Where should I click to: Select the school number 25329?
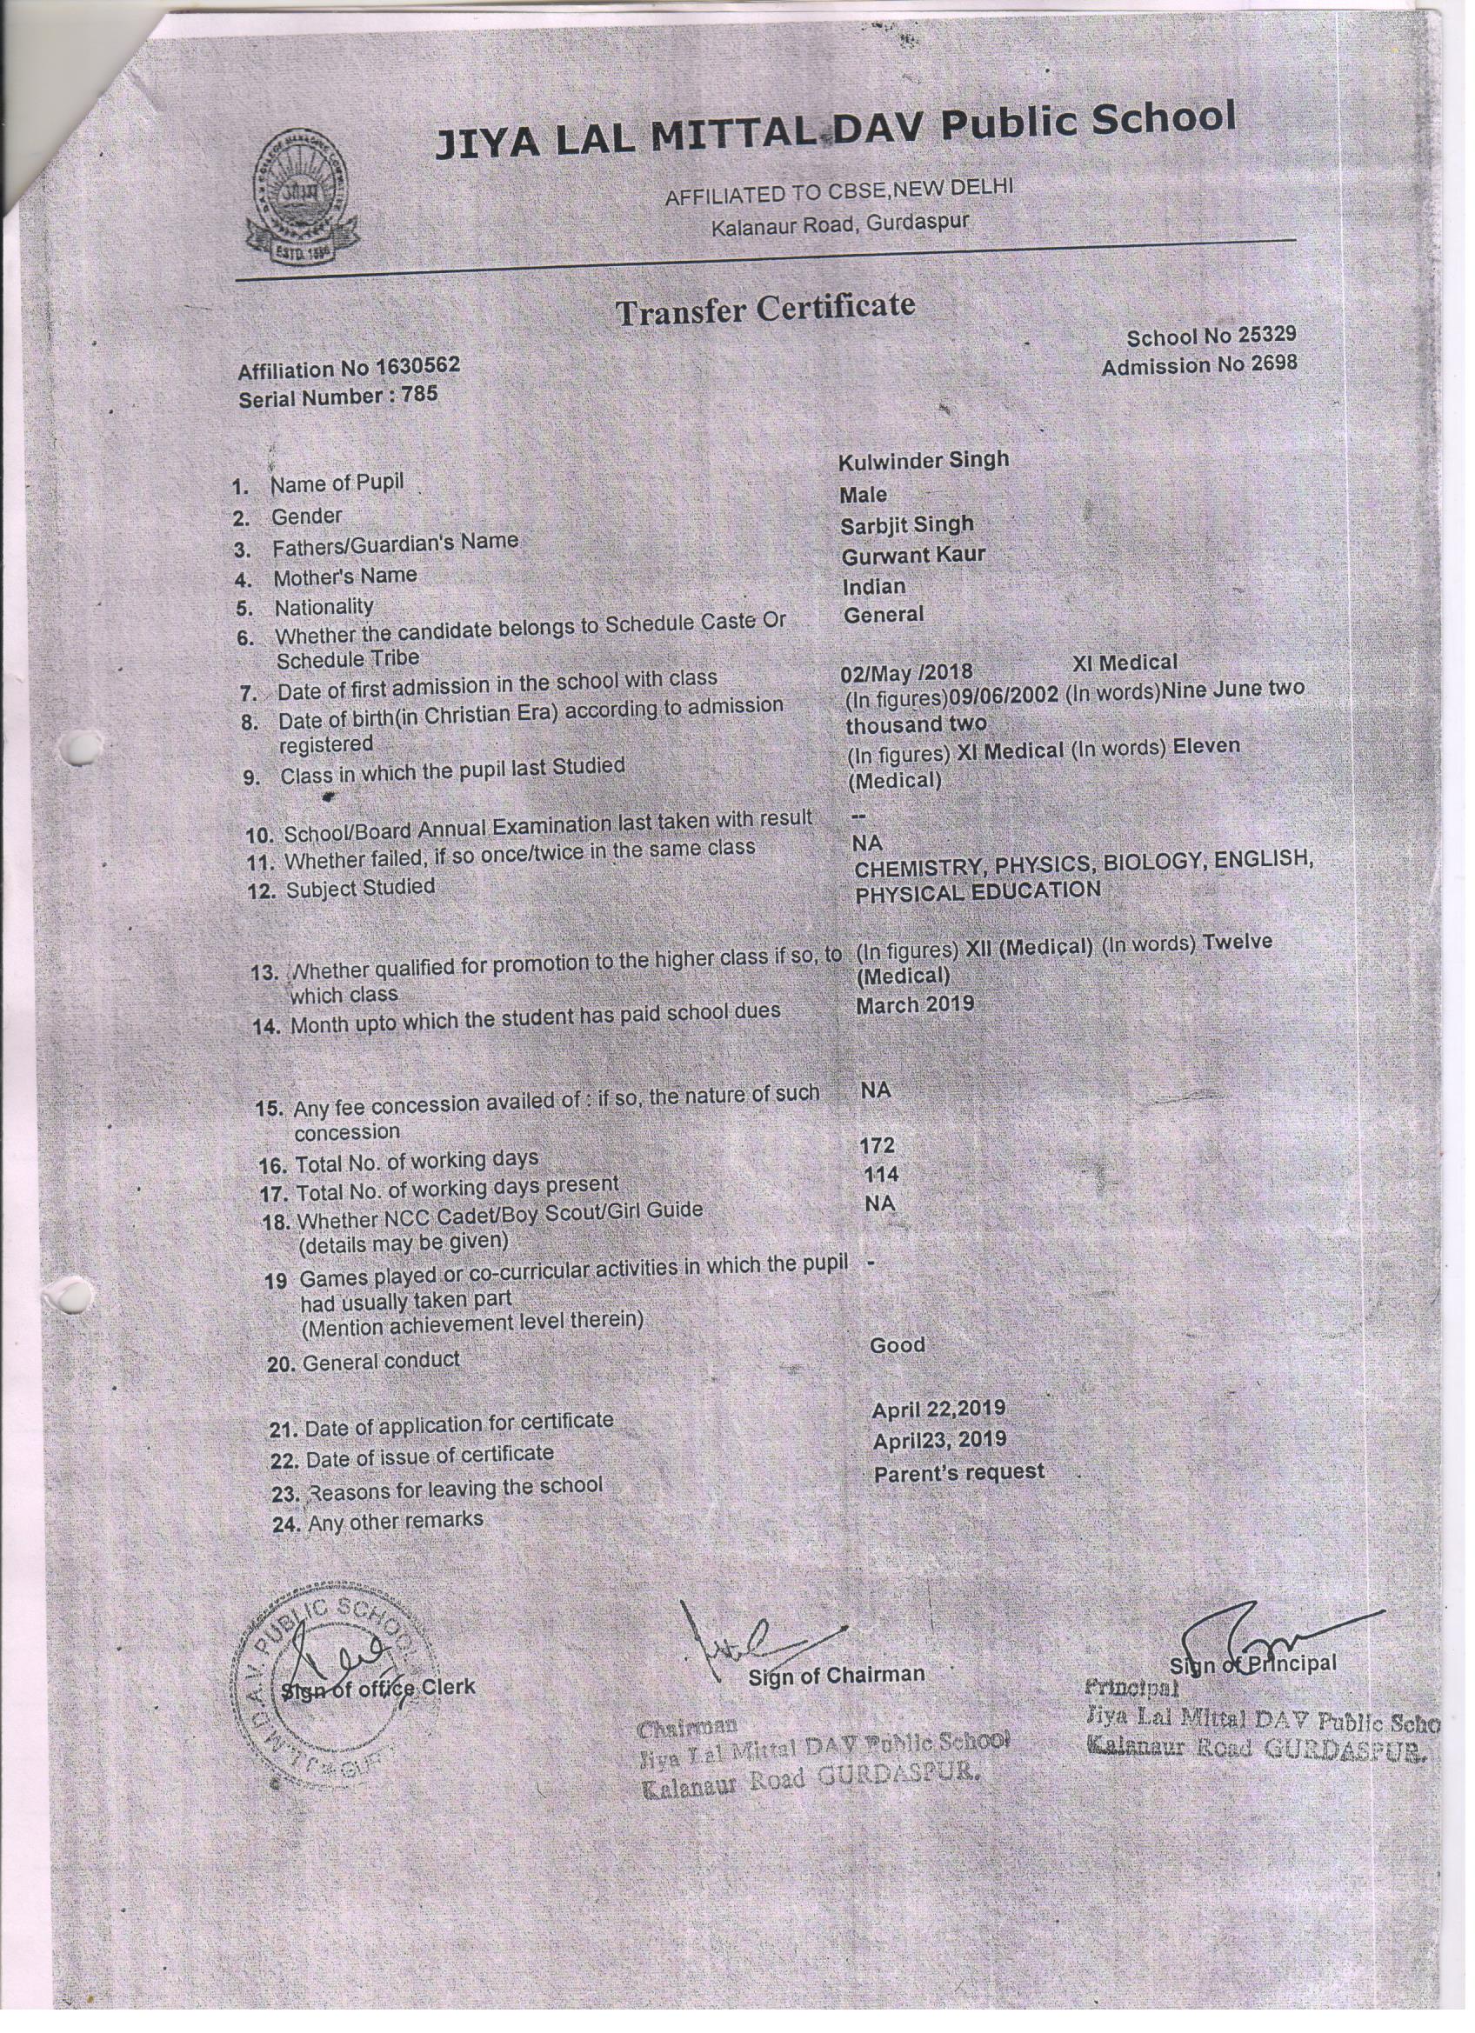[x=1266, y=335]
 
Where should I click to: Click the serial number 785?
[x=420, y=395]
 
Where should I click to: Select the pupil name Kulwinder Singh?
[x=924, y=460]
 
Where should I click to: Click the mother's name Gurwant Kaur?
[x=913, y=556]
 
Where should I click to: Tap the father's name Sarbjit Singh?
[x=906, y=524]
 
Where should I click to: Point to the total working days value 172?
[x=877, y=1145]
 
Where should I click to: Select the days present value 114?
[x=880, y=1174]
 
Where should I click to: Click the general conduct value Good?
[x=897, y=1344]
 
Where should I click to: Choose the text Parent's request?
[x=958, y=1472]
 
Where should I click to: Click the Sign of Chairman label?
[x=836, y=1675]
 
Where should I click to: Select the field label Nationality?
[x=324, y=607]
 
